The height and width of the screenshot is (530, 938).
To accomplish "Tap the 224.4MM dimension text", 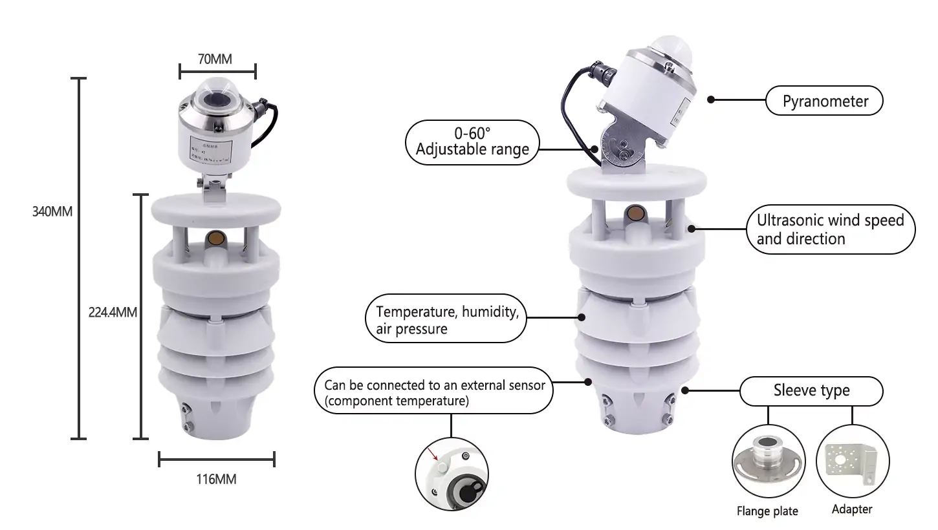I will [113, 312].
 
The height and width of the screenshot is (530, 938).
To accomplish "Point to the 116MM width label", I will [216, 480].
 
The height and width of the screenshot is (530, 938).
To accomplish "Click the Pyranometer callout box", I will [825, 101].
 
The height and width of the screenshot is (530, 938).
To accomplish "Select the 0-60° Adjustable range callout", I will [472, 142].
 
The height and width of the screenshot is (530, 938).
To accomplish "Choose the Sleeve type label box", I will [811, 390].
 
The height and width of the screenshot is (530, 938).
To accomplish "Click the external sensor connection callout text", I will [434, 393].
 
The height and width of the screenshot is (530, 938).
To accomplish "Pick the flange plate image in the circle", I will [768, 463].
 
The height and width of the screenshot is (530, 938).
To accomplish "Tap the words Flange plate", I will [767, 511].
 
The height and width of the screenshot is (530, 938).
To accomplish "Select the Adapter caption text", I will [851, 509].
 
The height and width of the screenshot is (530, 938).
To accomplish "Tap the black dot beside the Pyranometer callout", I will [710, 100].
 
